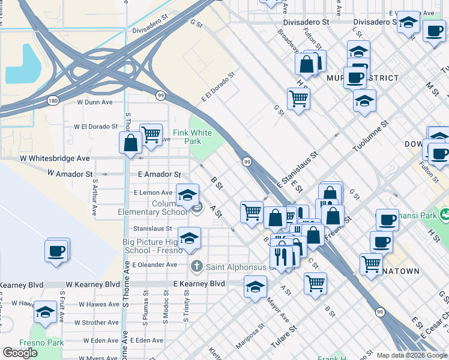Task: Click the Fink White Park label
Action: click(x=192, y=137)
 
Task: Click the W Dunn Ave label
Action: click(x=95, y=102)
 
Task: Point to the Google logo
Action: click(x=20, y=353)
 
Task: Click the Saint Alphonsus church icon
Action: click(x=196, y=266)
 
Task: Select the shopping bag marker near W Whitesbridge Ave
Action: click(x=131, y=143)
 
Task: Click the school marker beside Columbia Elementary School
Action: click(x=187, y=195)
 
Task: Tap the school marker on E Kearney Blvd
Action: click(x=255, y=287)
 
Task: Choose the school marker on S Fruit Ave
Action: click(x=45, y=311)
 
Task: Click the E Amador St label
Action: click(x=159, y=174)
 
